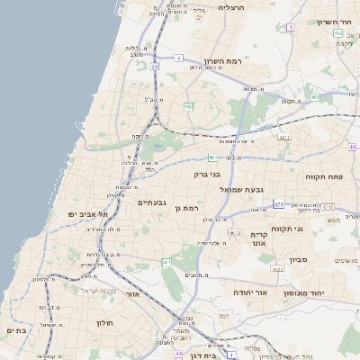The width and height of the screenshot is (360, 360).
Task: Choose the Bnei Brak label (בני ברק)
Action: point(207,175)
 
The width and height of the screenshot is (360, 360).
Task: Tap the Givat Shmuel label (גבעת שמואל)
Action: point(267,190)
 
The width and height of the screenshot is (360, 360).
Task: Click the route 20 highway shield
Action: point(155,67)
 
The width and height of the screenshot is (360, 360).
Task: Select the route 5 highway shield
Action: point(179,58)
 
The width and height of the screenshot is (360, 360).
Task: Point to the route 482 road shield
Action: point(189,106)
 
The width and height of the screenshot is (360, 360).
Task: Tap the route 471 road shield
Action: point(278,204)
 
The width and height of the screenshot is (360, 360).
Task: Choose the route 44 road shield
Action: point(178,354)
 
